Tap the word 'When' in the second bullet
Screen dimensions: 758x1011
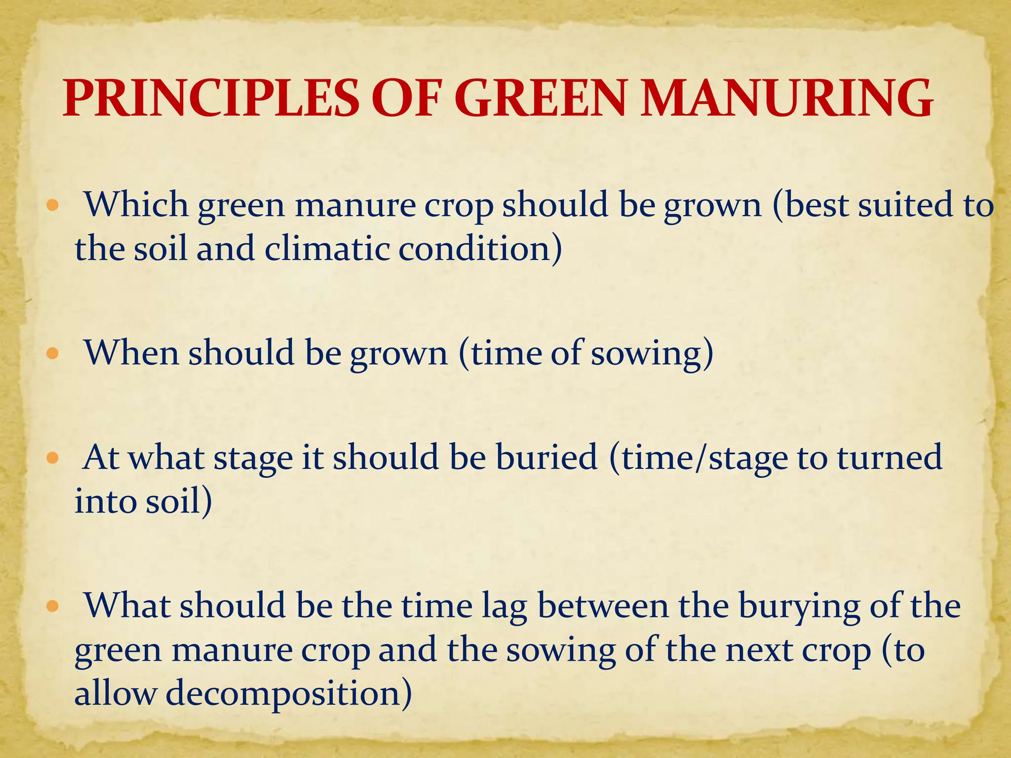click(131, 353)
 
